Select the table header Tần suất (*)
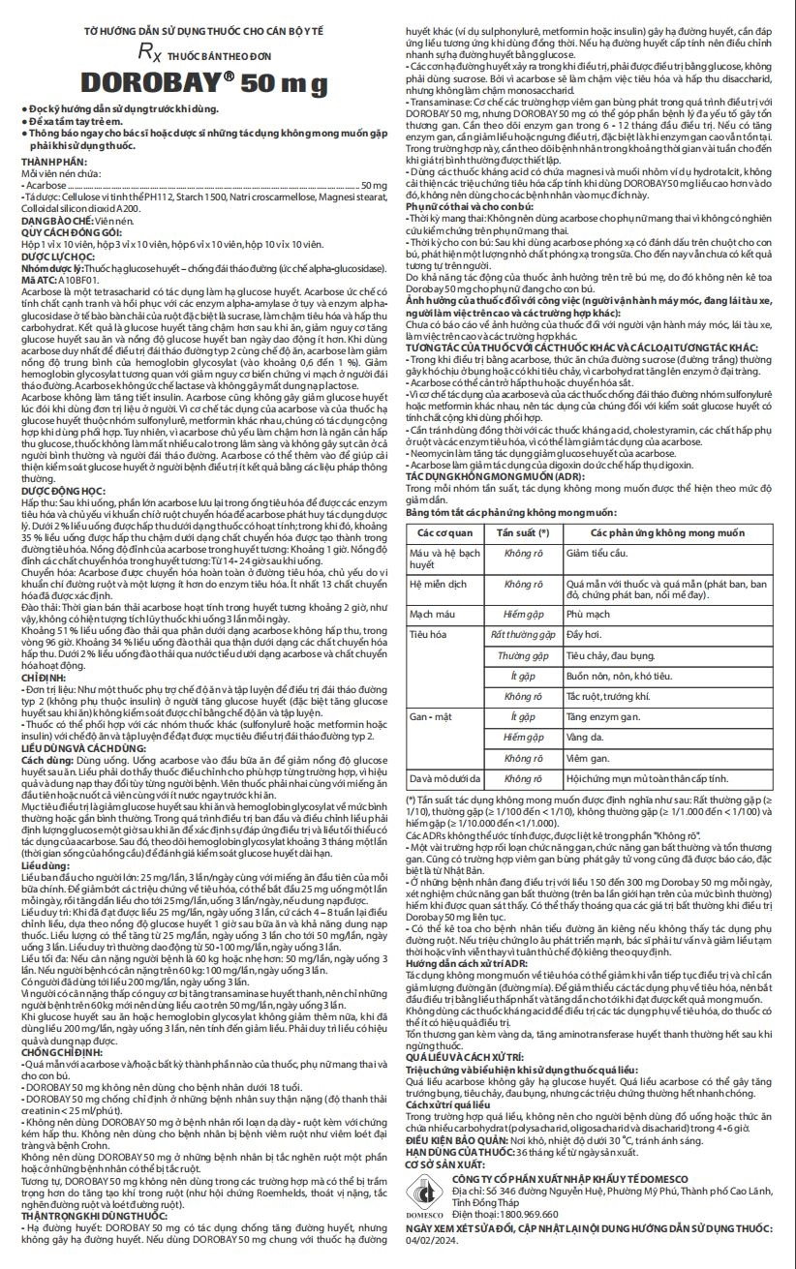(523, 533)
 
